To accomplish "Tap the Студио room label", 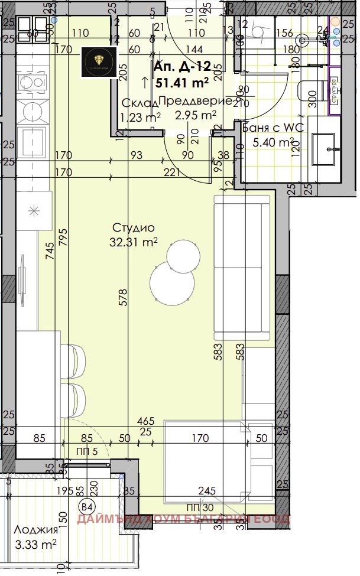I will click(x=134, y=227).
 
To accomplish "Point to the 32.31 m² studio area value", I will click(x=134, y=242).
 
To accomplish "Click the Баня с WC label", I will click(x=269, y=128).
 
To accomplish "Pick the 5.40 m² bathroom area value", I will click(x=273, y=142).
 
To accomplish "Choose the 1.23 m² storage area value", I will click(x=141, y=118).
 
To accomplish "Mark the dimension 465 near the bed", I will click(x=145, y=421).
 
